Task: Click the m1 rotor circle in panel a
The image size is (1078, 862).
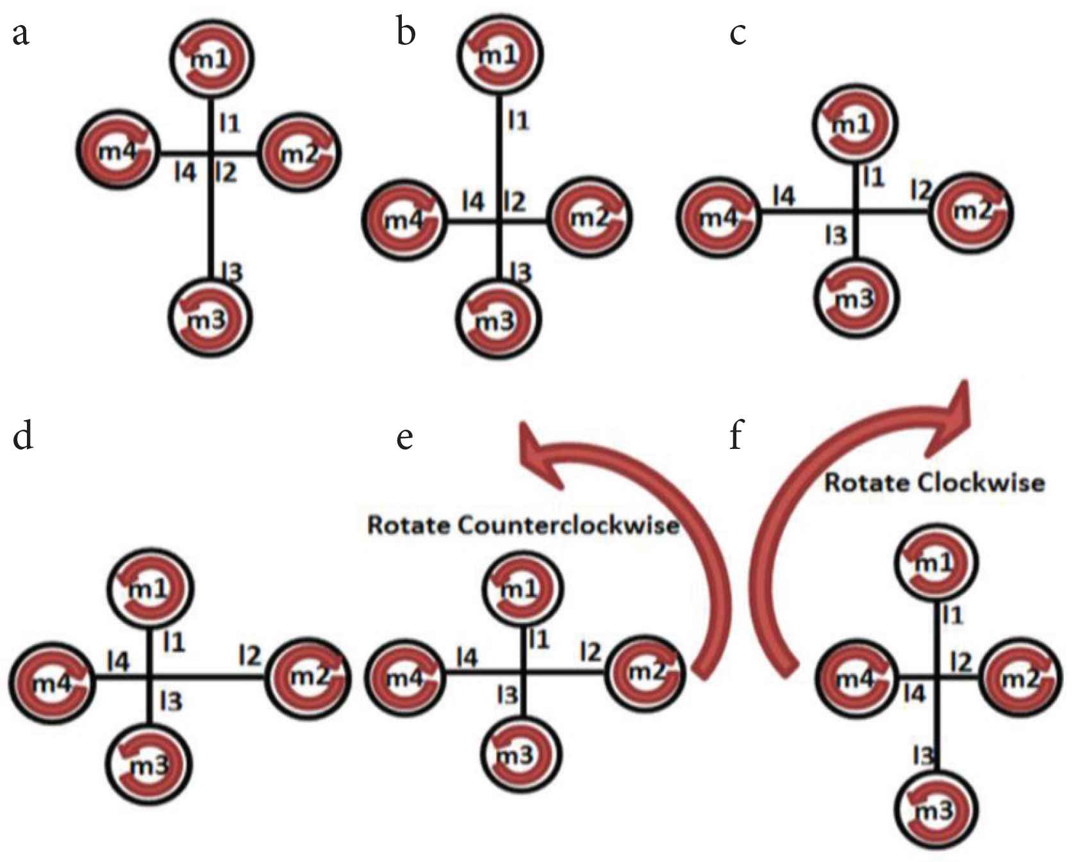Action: click(x=211, y=59)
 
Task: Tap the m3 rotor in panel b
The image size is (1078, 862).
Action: click(x=498, y=318)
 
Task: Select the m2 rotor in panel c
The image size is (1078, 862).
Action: click(x=970, y=212)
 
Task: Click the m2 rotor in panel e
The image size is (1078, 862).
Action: click(x=645, y=672)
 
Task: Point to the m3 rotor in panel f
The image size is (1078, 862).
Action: click(x=935, y=810)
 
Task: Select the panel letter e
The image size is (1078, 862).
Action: click(x=404, y=437)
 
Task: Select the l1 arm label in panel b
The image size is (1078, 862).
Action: click(x=518, y=120)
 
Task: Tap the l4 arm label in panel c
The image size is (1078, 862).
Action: click(x=783, y=196)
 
